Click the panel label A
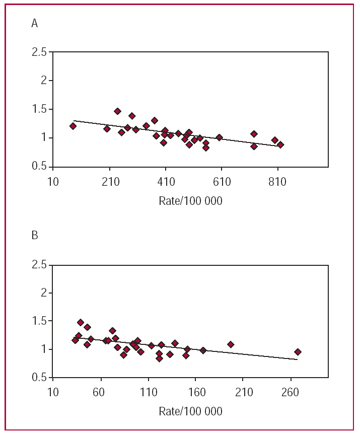[35, 24]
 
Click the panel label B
[35, 235]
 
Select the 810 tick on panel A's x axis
[277, 181]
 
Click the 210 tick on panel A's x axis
[110, 181]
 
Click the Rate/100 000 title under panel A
[190, 200]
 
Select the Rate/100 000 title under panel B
[190, 411]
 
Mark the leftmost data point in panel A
[73, 126]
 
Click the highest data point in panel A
[117, 111]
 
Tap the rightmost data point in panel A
[280, 144]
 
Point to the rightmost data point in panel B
[298, 352]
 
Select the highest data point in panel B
[81, 322]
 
